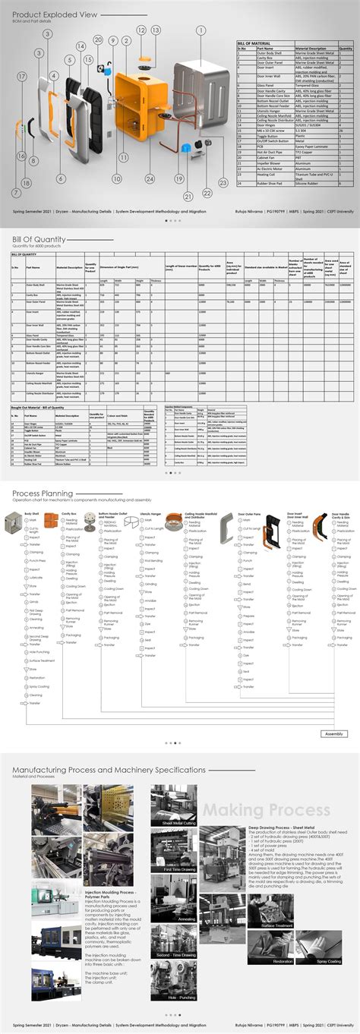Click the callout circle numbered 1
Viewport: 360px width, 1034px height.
pyautogui.click(x=201, y=30)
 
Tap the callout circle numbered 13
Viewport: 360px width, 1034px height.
pyautogui.click(x=155, y=30)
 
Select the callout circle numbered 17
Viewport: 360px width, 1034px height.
pyautogui.click(x=22, y=77)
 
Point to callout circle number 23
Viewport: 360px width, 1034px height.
pyautogui.click(x=223, y=182)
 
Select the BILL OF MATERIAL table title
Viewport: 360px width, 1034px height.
pyautogui.click(x=254, y=43)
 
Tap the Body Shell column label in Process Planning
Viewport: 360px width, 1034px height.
pyautogui.click(x=32, y=513)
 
